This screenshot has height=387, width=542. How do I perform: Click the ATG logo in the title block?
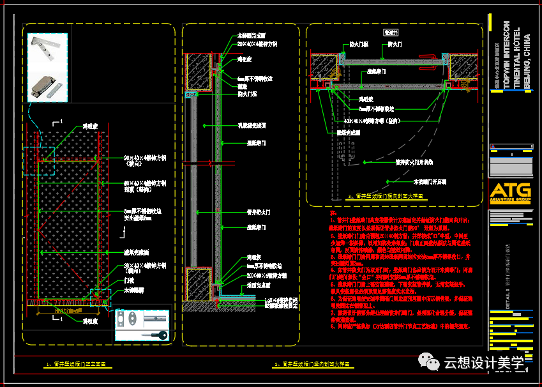pos(509,192)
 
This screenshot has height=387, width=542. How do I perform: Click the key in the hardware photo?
pos(156,334)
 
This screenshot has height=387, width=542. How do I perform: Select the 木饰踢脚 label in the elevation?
pos(133,290)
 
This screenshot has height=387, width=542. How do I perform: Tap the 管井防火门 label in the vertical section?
pos(259,211)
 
